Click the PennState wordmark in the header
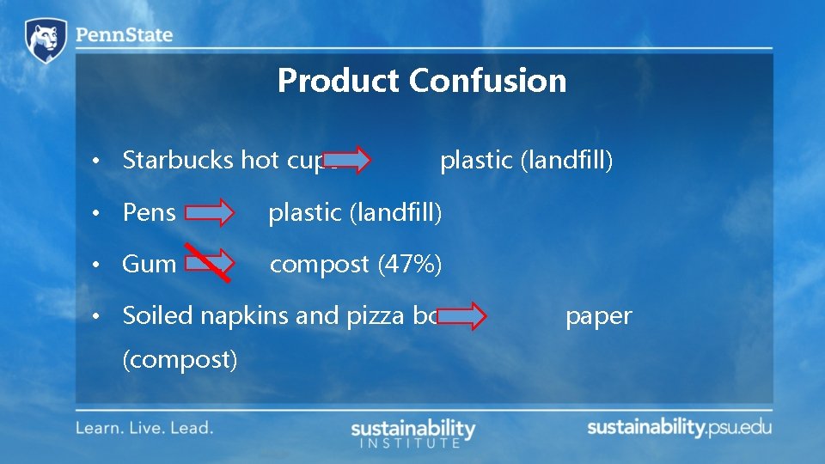[x=124, y=35]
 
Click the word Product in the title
[x=339, y=81]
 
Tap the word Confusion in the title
[x=487, y=81]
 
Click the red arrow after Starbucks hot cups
[x=347, y=160]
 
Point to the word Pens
[x=150, y=212]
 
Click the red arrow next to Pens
[x=211, y=212]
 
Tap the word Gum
[x=150, y=264]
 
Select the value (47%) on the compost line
[x=410, y=265]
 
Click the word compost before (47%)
[x=320, y=265]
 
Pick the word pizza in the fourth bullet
[x=375, y=316]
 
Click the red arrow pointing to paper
[x=462, y=316]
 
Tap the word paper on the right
[x=598, y=317]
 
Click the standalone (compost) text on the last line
[x=180, y=358]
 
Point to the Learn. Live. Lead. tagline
[x=144, y=427]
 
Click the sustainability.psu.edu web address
[x=679, y=427]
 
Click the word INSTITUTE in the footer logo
[x=409, y=443]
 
